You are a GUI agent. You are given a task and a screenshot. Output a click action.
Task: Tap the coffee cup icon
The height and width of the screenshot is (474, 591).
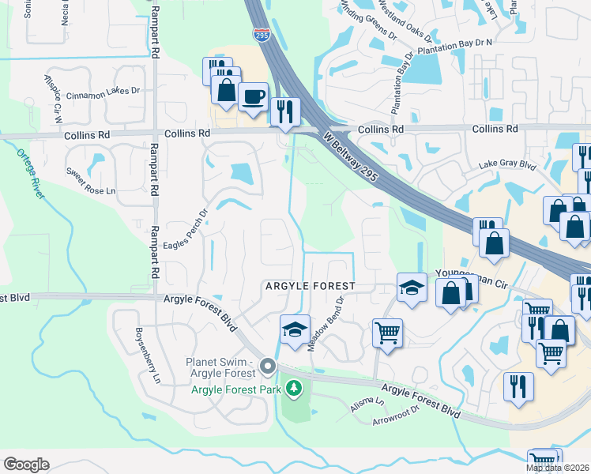(x=252, y=98)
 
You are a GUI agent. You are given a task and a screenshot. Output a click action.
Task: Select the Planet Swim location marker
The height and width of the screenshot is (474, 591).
(x=268, y=366)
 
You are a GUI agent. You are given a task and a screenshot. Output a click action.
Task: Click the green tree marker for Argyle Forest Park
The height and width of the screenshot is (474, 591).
(x=294, y=388)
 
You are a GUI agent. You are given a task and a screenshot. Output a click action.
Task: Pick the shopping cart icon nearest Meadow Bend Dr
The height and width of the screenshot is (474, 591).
(x=387, y=333)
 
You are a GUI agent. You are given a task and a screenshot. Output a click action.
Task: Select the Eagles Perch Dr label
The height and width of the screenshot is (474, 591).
(x=185, y=230)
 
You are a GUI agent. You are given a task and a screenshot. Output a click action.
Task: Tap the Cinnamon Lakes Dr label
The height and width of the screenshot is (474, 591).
(x=103, y=91)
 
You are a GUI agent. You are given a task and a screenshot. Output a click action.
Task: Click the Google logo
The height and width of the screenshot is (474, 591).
(x=26, y=465)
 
